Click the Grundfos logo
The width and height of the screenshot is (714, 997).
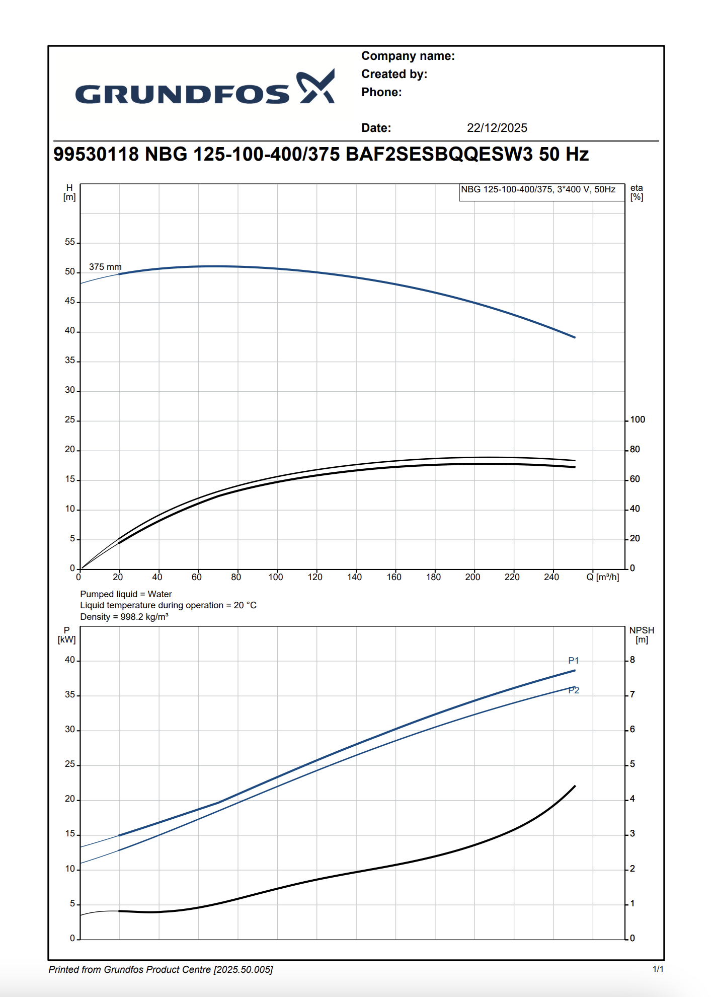click(205, 89)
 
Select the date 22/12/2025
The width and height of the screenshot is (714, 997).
click(497, 128)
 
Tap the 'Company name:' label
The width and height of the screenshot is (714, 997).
click(408, 56)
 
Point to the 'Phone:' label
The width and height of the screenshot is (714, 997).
click(381, 92)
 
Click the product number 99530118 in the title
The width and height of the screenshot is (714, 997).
click(96, 154)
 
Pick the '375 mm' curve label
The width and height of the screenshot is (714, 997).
click(105, 267)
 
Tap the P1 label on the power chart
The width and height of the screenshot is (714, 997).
click(573, 660)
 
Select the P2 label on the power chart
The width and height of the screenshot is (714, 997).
click(574, 690)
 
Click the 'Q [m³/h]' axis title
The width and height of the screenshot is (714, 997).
click(602, 577)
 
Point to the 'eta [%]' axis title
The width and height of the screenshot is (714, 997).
click(637, 192)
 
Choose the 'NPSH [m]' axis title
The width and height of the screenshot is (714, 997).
click(642, 635)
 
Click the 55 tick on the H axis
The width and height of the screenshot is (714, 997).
click(69, 242)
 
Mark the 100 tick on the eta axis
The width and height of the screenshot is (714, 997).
click(638, 420)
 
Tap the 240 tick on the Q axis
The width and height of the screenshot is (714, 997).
click(551, 577)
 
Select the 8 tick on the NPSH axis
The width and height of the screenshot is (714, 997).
click(632, 660)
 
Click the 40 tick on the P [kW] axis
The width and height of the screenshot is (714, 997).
click(69, 660)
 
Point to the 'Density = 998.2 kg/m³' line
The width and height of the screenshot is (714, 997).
click(124, 617)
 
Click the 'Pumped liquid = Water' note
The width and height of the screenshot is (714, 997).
click(126, 594)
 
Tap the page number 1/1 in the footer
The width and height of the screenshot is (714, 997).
click(658, 969)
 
